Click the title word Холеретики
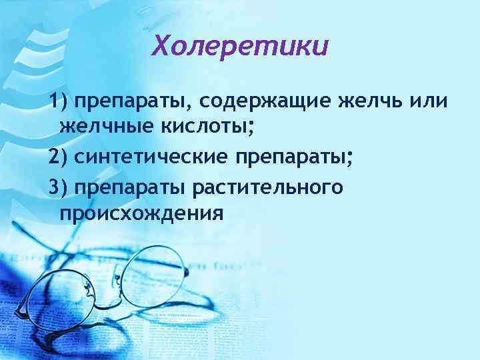[240, 46]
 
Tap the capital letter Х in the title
[163, 46]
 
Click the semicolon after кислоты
[251, 127]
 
